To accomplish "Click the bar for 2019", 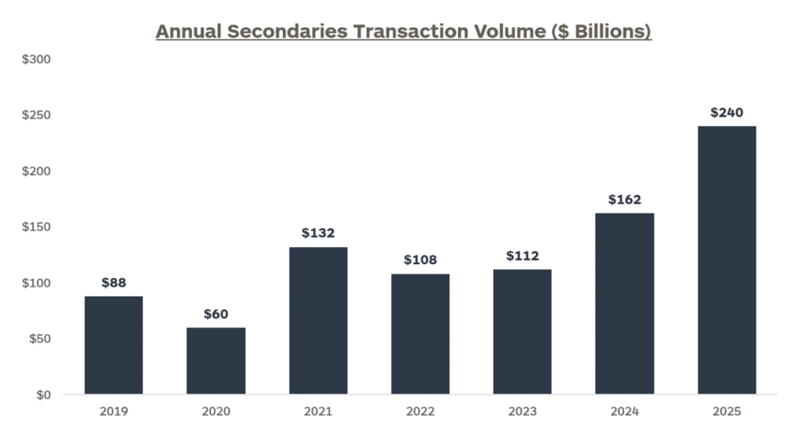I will pyautogui.click(x=114, y=345).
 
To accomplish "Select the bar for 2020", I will pyautogui.click(x=216, y=361).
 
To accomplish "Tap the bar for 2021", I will pyautogui.click(x=318, y=321).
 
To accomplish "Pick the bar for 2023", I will pyautogui.click(x=522, y=331).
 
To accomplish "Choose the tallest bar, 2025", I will pyautogui.click(x=726, y=260).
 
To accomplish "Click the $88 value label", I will pyautogui.click(x=114, y=283).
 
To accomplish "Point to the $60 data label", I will pyautogui.click(x=216, y=314).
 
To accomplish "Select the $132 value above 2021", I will pyautogui.click(x=318, y=233).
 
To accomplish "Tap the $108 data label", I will pyautogui.click(x=420, y=260).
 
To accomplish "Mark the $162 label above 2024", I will pyautogui.click(x=624, y=200).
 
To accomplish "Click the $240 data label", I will pyautogui.click(x=726, y=113).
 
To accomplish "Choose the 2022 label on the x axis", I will pyautogui.click(x=420, y=412).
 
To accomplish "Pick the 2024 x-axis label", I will pyautogui.click(x=624, y=412).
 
